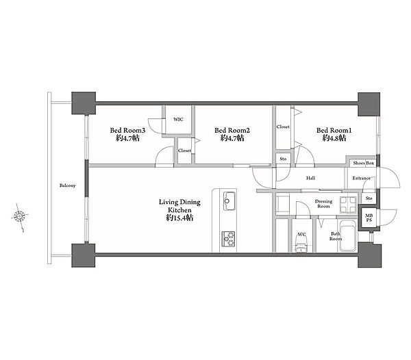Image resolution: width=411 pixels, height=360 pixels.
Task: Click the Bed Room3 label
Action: pos(127,131)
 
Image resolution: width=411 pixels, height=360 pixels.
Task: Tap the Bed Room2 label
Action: pos(232,131)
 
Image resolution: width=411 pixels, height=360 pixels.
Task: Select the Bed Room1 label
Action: pos(334,131)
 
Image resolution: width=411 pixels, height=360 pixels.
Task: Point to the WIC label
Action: pos(178,119)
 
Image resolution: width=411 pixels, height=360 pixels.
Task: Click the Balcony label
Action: pos(67,185)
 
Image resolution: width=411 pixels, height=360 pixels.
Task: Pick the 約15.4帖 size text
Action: pos(179,218)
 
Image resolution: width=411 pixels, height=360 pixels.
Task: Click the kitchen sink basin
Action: pos(229,201)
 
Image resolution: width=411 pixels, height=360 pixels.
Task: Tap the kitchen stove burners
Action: pos(228,239)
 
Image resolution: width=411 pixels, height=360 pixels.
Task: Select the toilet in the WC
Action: pos(301,244)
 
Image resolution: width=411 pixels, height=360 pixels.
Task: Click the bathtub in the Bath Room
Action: pos(347,236)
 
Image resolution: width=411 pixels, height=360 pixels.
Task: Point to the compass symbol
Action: pos(20,216)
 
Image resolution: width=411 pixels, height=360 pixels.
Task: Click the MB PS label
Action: pos(369,218)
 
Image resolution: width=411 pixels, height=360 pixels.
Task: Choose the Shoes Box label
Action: pos(363,163)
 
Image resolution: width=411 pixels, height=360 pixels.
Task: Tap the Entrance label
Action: pos(361,178)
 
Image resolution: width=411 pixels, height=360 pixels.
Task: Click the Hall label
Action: pos(310,178)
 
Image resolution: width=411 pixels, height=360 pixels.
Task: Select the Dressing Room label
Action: pos(323,204)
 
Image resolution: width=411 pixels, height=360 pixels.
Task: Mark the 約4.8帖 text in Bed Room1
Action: pos(334,138)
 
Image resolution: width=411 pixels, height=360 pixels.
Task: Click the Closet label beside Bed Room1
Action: pos(283,127)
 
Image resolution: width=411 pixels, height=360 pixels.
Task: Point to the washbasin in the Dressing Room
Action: pos(348,204)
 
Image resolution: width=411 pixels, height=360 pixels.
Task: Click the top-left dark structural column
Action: pos(84,103)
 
